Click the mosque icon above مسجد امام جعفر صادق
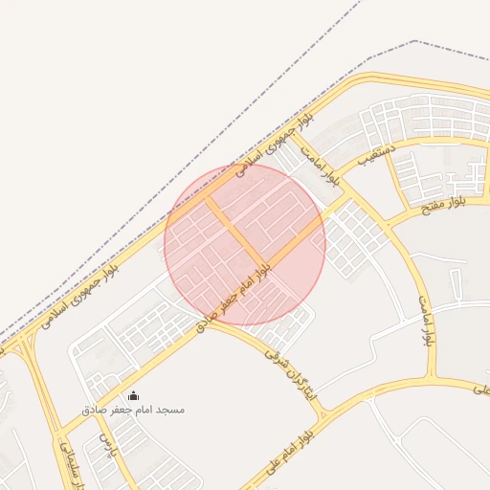[133, 395]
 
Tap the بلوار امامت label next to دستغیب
[319, 164]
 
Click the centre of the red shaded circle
[245, 244]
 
